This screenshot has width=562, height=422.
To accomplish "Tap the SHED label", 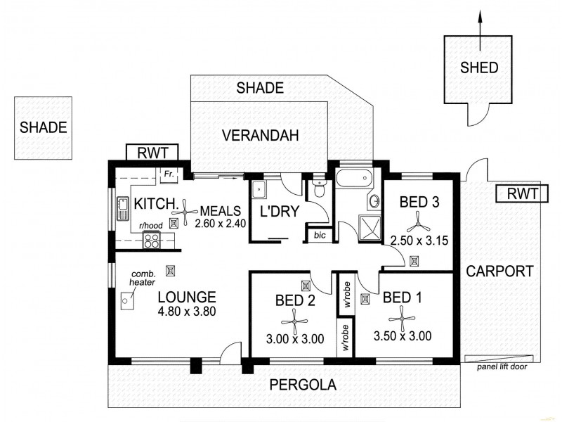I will point(479,68).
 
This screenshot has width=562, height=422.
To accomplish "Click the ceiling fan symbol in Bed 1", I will point(403,320).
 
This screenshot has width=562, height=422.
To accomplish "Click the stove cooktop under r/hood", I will point(152,241).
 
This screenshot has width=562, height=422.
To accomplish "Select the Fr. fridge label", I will point(169,173).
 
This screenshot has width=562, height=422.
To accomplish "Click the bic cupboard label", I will point(320,235).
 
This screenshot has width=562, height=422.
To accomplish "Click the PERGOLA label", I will point(303,385).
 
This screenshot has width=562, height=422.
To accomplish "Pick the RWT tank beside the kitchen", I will point(152,152).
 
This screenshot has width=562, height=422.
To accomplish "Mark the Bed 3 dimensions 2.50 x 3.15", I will point(419,241).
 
